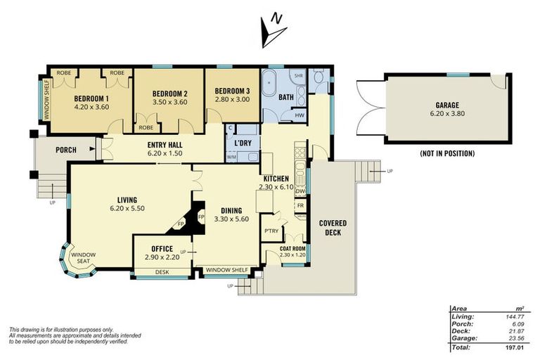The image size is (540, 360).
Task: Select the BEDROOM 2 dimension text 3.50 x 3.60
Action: pyautogui.click(x=169, y=102)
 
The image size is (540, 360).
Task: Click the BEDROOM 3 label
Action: pyautogui.click(x=232, y=91)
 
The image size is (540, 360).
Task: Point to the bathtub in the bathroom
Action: pyautogui.click(x=270, y=94)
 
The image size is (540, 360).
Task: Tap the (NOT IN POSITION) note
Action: pyautogui.click(x=447, y=153)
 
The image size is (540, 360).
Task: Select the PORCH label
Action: pyautogui.click(x=65, y=149)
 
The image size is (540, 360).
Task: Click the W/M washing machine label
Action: pyautogui.click(x=231, y=157)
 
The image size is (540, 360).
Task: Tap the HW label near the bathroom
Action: pyautogui.click(x=299, y=115)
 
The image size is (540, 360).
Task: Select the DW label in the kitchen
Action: pyautogui.click(x=300, y=191)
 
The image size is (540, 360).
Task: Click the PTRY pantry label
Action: pyautogui.click(x=270, y=231)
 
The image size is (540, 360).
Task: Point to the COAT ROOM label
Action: pyautogui.click(x=292, y=247)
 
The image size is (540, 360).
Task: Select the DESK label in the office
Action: pyautogui.click(x=162, y=271)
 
